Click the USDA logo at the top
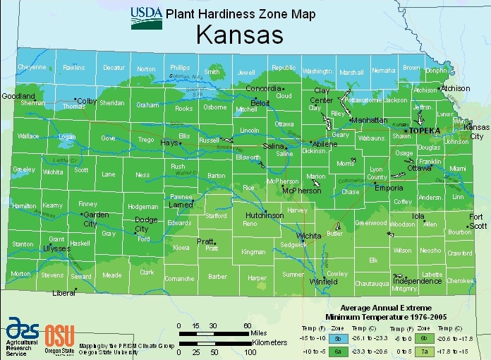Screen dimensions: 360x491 click(146, 18)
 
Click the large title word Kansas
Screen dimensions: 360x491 click(239, 35)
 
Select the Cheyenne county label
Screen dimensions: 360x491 click(32, 67)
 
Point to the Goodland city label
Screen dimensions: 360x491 click(18, 95)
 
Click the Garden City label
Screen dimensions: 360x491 click(95, 219)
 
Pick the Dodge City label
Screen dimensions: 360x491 click(142, 224)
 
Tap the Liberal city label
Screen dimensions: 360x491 click(64, 292)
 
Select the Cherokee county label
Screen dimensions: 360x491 click(460, 280)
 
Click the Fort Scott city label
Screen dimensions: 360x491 click(478, 222)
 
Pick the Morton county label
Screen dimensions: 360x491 click(20, 274)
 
